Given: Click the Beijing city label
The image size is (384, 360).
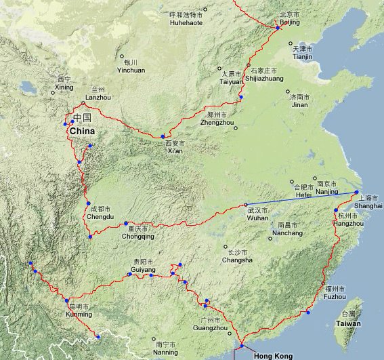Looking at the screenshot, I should [289, 22].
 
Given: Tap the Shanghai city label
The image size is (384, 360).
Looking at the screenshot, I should [368, 205].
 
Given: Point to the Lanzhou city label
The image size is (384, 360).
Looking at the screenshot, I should [99, 97].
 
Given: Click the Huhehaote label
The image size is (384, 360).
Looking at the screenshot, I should [186, 22].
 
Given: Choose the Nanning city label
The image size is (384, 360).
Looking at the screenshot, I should [165, 353].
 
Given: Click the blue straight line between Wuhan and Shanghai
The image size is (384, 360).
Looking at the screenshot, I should [301, 199].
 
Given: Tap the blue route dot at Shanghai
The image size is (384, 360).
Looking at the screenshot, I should [356, 193].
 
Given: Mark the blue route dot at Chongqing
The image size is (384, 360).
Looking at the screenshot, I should [126, 223].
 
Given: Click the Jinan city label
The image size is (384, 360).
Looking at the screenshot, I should [299, 105].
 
